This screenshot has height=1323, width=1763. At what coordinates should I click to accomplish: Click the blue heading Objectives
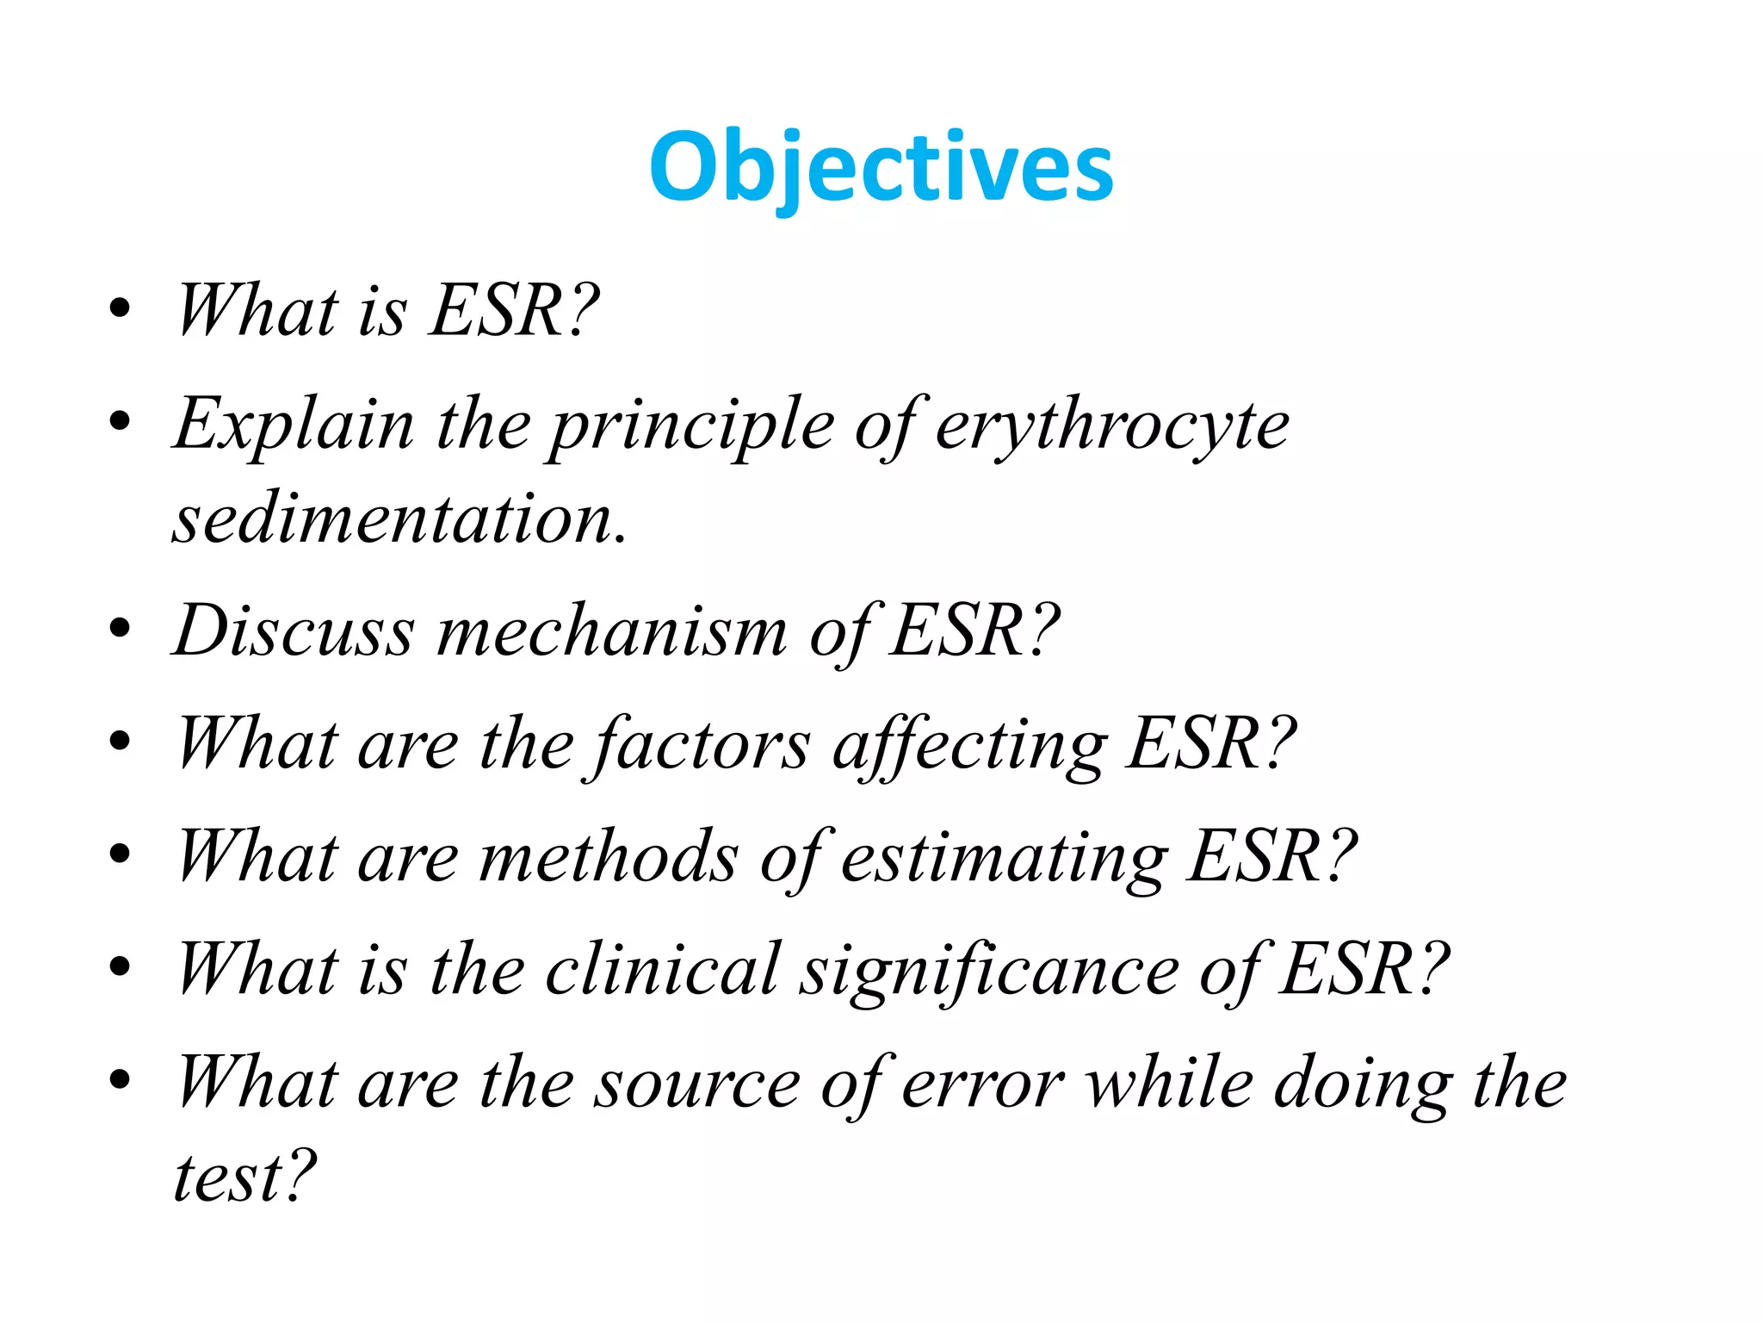(881, 167)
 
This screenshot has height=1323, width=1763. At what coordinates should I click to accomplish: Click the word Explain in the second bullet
(293, 425)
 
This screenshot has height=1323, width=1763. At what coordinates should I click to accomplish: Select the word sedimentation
(399, 519)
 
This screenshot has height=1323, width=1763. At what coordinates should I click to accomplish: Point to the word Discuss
(293, 630)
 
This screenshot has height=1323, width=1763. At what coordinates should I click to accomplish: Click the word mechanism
(612, 630)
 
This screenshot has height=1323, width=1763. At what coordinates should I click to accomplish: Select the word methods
(608, 857)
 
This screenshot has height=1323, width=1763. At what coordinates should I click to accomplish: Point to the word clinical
(663, 969)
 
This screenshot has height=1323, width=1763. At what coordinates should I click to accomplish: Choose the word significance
(989, 971)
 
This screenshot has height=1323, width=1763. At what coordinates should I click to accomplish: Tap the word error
(982, 1084)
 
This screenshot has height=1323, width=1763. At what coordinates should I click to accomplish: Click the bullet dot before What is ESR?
(120, 308)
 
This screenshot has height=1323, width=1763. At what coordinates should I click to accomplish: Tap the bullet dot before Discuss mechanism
(120, 628)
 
